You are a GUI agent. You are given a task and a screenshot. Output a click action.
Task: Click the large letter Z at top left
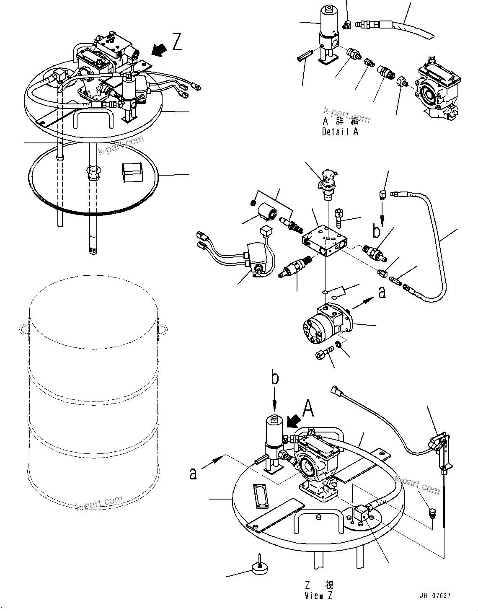177,42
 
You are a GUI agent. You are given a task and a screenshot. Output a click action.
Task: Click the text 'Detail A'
340,132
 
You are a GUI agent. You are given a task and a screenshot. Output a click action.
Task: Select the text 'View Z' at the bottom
318,596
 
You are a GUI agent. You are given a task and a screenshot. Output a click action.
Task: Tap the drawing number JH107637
434,595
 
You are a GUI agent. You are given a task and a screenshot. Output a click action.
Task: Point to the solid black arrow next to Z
158,50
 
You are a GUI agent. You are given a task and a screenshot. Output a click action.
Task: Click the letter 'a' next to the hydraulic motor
382,293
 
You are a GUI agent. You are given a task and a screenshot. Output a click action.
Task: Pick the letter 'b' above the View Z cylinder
275,378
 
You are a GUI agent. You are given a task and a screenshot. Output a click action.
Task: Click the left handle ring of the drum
24,328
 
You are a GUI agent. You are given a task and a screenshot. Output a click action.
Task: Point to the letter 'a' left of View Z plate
193,473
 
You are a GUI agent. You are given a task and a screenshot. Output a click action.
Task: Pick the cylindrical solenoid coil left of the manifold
266,209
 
